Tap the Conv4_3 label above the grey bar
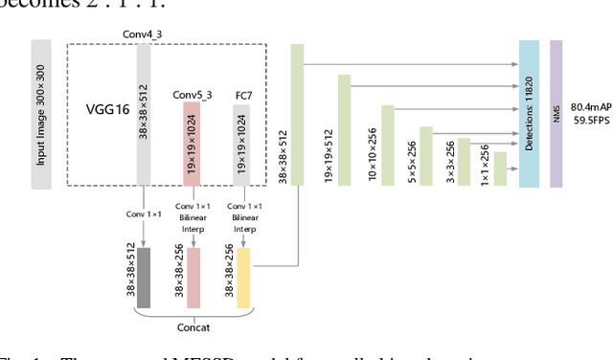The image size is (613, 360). pyautogui.click(x=144, y=34)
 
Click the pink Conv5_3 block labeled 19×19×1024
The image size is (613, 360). pyautogui.click(x=192, y=143)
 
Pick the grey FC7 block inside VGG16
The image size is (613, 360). pyautogui.click(x=241, y=145)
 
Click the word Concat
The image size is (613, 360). pyautogui.click(x=194, y=325)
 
